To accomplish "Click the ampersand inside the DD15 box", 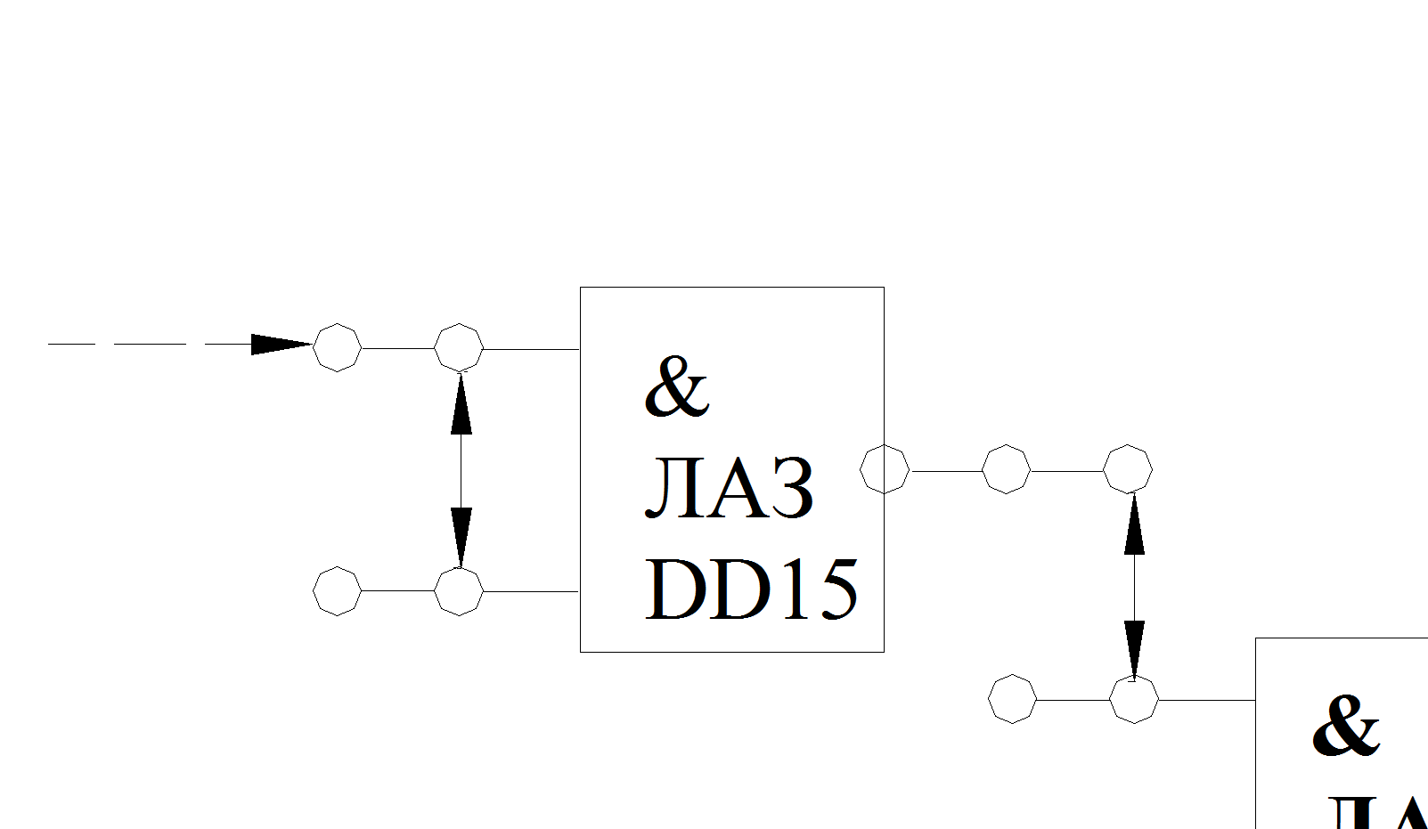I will point(676,387).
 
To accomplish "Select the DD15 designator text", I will point(751,589).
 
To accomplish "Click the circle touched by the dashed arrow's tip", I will point(338,347).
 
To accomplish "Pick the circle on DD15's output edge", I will point(885,469).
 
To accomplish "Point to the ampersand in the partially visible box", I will point(1345,726).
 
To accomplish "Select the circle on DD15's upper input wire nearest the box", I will point(459,347).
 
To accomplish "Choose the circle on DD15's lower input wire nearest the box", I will point(459,590).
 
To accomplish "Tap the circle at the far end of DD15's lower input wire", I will point(338,590).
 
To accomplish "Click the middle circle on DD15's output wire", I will point(1006,469).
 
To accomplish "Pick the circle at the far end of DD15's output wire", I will point(1128,469).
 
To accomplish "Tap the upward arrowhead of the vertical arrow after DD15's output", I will point(1134,525).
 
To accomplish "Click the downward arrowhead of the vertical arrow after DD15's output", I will point(1134,648).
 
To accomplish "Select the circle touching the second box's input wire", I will point(1134,699).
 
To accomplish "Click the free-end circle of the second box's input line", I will point(1013,699).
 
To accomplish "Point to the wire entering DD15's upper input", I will point(531,349).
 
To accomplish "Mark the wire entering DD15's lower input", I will point(531,591).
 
